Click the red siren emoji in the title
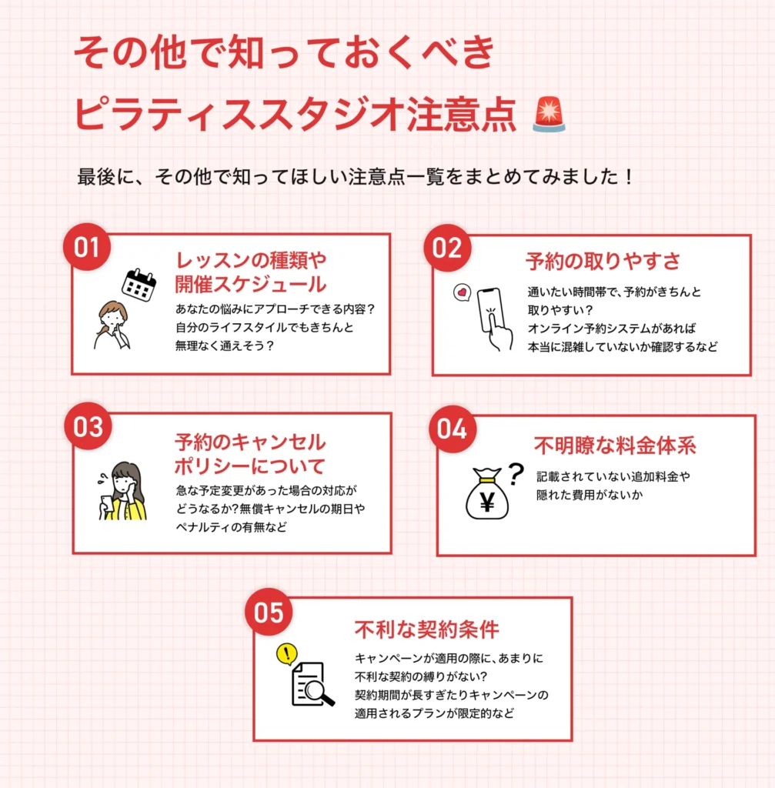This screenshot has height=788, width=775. (549, 115)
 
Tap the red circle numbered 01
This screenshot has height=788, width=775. (87, 247)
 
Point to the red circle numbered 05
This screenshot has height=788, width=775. (269, 613)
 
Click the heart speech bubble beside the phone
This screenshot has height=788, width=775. (461, 293)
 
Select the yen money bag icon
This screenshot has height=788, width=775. (487, 495)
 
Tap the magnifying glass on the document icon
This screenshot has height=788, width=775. (318, 692)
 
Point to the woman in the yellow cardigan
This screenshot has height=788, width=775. (123, 492)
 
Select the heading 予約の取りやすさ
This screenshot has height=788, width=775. (603, 262)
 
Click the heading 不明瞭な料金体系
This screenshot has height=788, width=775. (615, 446)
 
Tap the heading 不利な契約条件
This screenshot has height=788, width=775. (426, 629)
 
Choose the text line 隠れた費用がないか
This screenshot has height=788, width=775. (589, 496)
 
